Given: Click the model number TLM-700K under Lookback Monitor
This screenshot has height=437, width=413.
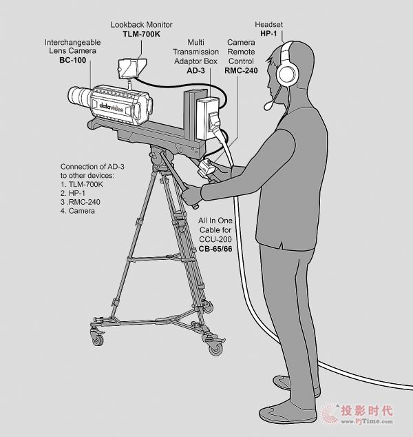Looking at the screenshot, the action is (x=141, y=34).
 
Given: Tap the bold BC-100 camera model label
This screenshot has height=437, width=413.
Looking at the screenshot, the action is (x=73, y=60).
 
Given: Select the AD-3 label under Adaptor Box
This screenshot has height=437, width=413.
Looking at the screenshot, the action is (x=195, y=70).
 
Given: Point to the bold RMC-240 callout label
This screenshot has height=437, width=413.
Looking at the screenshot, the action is (x=241, y=70).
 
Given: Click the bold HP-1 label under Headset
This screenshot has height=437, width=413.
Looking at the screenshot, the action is (x=268, y=34).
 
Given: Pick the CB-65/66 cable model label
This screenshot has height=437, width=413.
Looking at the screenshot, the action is (x=215, y=249).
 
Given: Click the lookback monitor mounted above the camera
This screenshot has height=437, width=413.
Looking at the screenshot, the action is (x=131, y=68).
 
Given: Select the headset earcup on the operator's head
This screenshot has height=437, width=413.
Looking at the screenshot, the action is (x=286, y=73).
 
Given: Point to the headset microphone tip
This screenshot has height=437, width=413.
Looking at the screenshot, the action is (x=268, y=106).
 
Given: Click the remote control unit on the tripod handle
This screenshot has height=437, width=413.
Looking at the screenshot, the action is (x=206, y=167).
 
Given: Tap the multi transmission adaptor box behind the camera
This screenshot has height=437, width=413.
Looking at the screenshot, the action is (x=207, y=118).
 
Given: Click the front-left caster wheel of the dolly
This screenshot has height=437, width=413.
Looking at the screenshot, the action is (x=98, y=339).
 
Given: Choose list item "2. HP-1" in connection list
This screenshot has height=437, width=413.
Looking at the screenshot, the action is (x=73, y=193).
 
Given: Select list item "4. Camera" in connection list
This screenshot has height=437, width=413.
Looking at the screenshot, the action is (x=78, y=211).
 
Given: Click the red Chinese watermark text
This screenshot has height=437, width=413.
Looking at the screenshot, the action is (x=366, y=411).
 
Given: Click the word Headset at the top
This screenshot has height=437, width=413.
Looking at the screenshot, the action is (x=269, y=25).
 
